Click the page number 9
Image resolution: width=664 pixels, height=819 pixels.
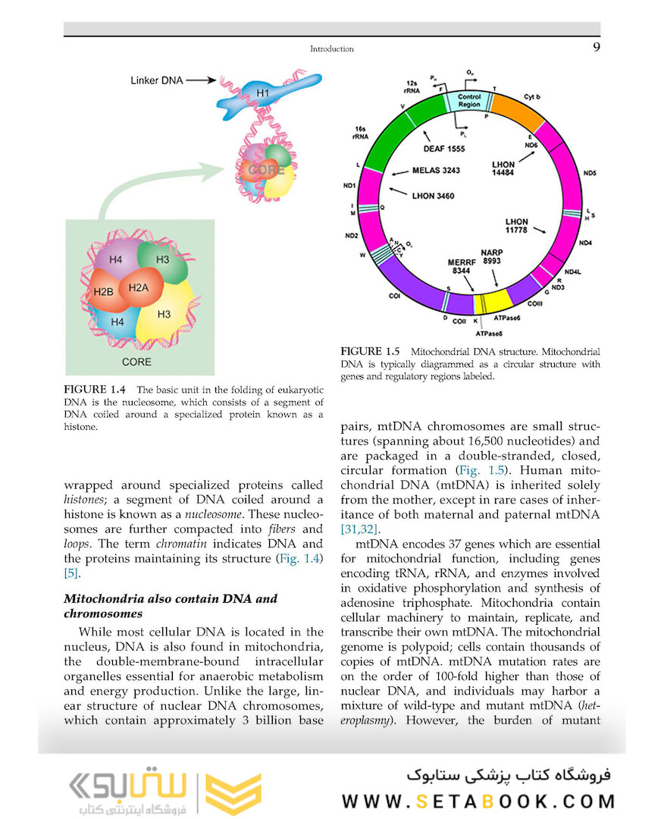[595, 48]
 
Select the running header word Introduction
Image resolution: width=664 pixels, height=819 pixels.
[331, 49]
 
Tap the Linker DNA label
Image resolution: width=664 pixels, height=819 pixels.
[156, 79]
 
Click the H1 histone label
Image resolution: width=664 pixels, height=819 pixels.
[262, 93]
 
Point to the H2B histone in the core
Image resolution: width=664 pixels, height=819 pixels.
[104, 291]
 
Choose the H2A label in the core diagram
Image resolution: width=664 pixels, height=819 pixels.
[139, 287]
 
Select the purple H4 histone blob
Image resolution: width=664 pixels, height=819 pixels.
[115, 260]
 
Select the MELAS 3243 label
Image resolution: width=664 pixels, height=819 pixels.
[436, 170]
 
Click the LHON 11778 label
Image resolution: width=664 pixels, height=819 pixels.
[517, 226]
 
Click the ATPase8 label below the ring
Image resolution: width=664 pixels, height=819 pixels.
[490, 332]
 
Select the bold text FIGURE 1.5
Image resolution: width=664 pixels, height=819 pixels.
[370, 351]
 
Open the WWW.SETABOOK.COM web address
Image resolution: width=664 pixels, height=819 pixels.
[478, 802]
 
